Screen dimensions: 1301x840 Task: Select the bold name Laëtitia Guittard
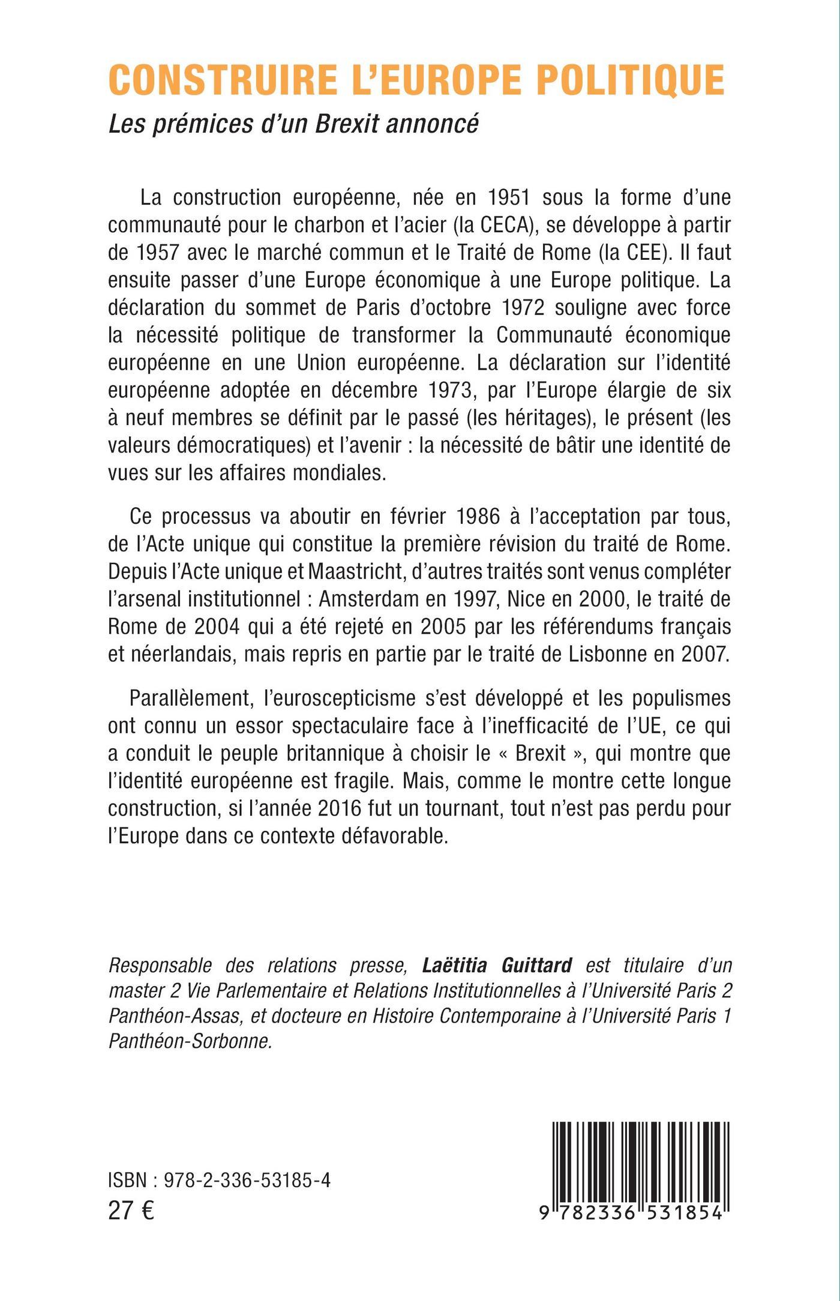pos(497,966)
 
